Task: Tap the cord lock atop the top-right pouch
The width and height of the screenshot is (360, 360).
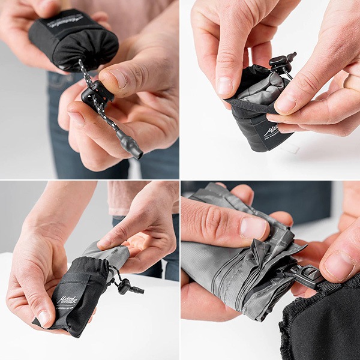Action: (281, 63)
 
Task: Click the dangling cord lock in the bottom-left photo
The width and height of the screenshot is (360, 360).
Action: (125, 286)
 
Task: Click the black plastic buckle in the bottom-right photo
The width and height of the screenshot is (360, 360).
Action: (307, 275)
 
